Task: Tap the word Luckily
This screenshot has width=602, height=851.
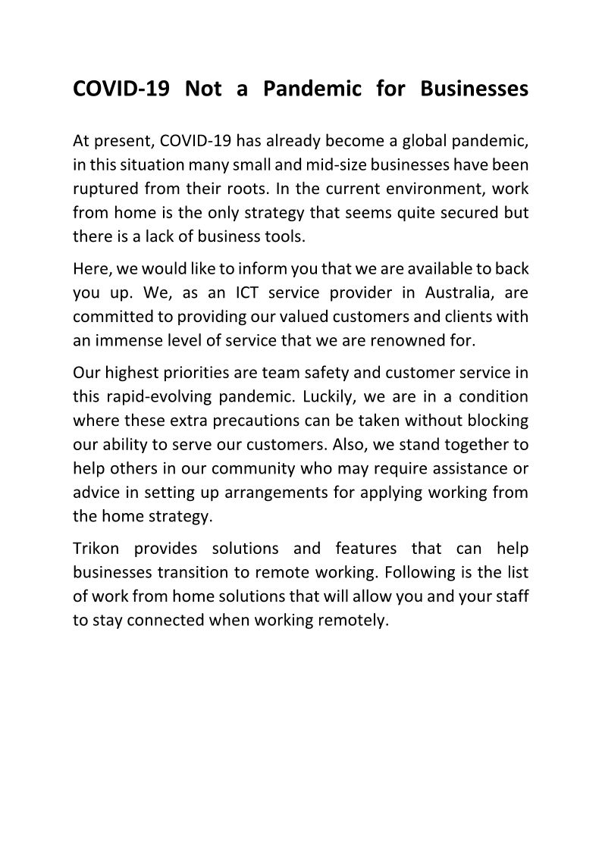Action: (x=361, y=396)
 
